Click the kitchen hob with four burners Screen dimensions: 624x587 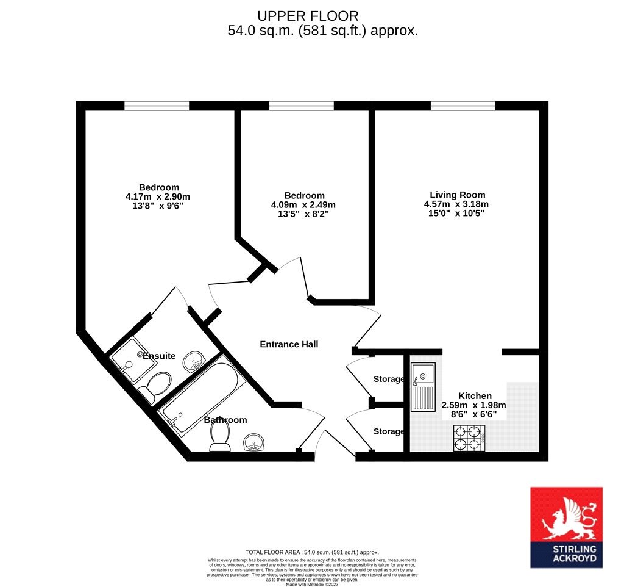click(469, 438)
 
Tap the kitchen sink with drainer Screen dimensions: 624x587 click(424, 387)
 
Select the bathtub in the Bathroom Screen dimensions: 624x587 click(199, 397)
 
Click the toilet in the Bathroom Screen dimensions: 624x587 click(220, 437)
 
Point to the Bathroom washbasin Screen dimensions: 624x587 click(253, 443)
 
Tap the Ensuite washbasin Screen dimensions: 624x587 click(194, 361)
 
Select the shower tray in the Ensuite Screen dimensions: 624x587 click(132, 360)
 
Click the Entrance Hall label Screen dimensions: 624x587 click(289, 344)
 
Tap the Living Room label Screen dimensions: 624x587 click(457, 195)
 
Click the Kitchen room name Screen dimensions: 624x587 click(475, 396)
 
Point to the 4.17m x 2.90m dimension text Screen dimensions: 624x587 click(158, 196)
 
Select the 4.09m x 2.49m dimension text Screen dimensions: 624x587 click(303, 205)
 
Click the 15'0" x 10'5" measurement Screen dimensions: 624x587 click(456, 213)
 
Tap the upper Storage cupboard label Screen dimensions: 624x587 click(389, 379)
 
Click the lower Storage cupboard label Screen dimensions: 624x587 click(389, 431)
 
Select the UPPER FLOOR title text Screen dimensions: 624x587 click(308, 16)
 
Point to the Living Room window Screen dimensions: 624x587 click(463, 106)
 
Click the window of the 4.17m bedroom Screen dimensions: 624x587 click(157, 106)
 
